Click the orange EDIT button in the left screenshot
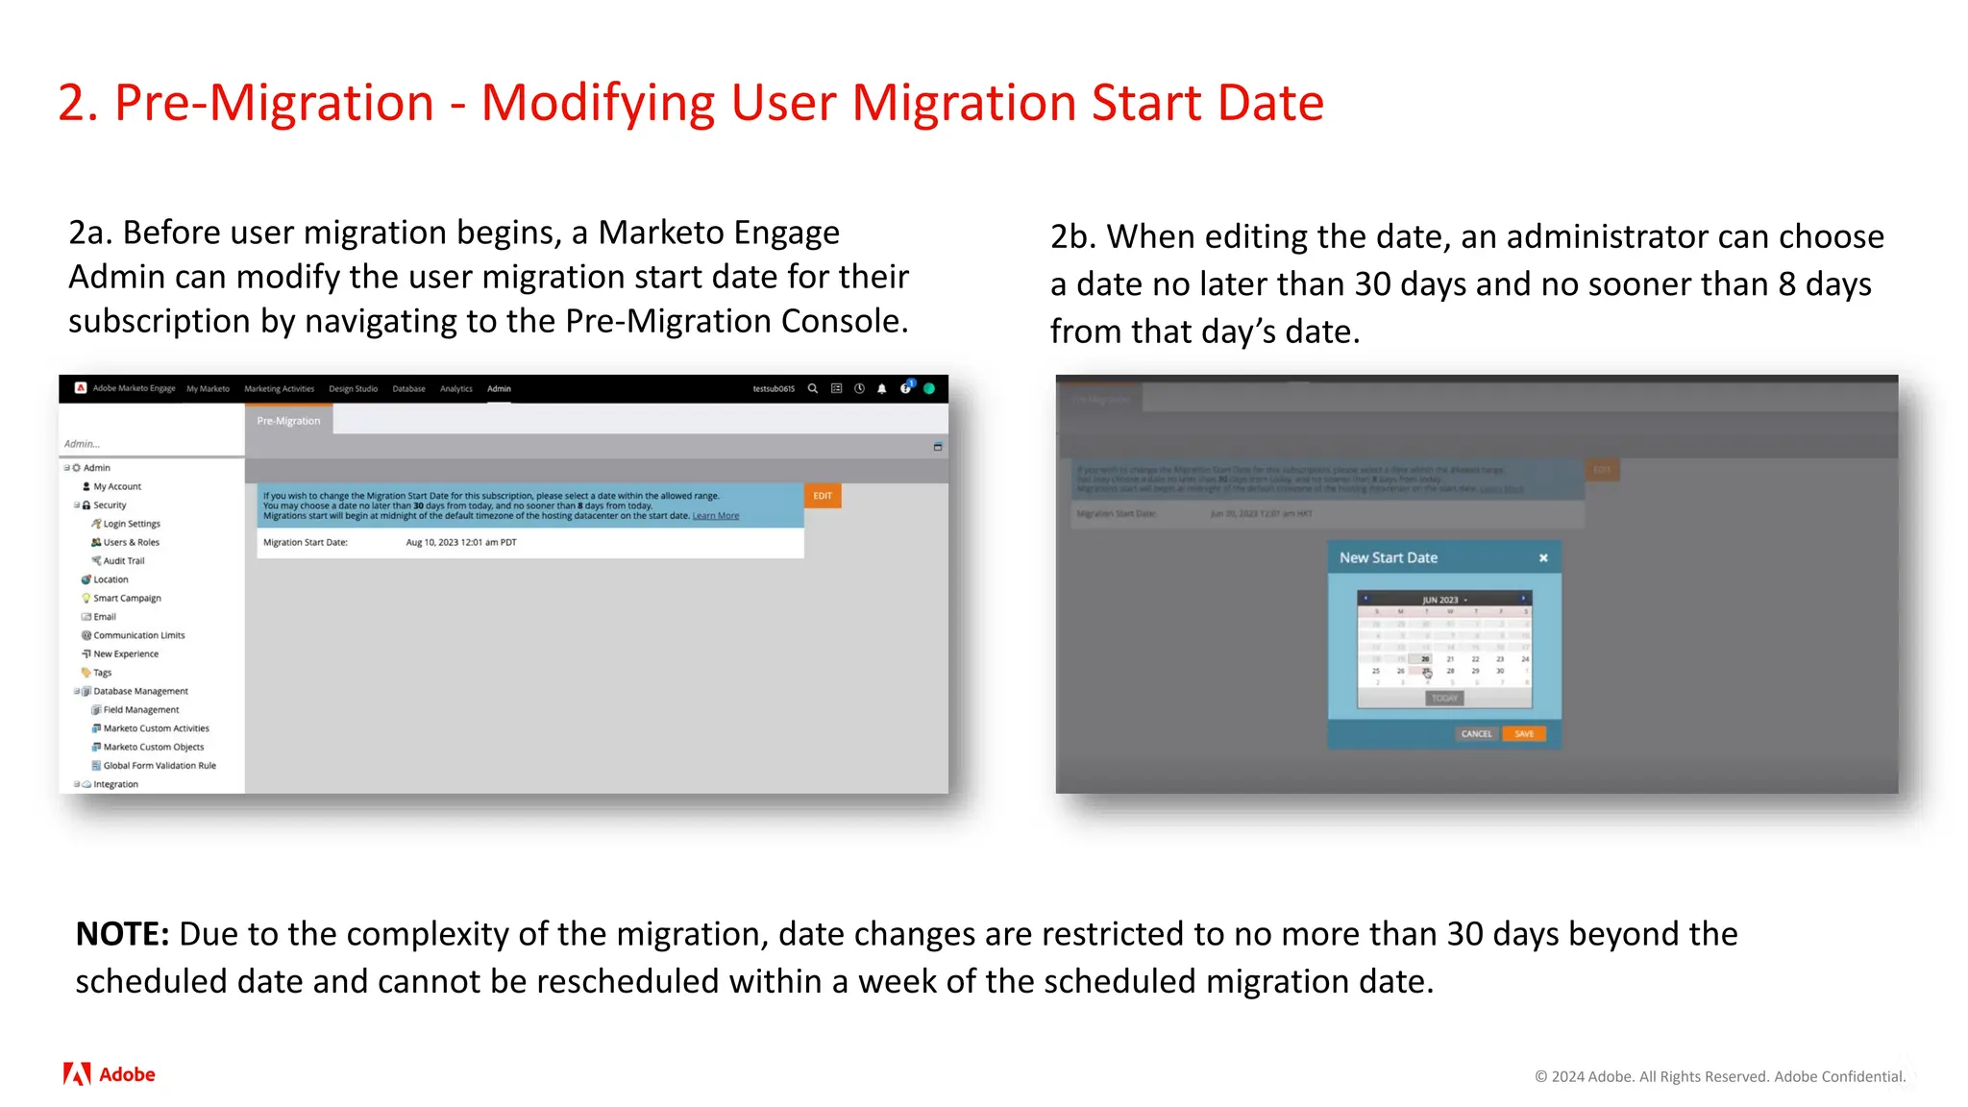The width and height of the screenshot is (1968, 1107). (823, 496)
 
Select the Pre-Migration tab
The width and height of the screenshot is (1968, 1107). (288, 421)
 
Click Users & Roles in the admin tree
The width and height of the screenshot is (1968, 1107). (131, 542)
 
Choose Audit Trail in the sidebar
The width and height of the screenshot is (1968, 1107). (123, 561)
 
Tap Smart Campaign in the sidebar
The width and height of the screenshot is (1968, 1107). (127, 598)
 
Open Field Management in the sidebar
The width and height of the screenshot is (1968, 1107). (140, 710)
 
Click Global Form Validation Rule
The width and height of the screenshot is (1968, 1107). (160, 766)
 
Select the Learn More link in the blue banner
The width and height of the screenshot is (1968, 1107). (716, 516)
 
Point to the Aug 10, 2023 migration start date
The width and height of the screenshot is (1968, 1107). (461, 543)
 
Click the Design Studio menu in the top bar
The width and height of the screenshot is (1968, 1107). (353, 389)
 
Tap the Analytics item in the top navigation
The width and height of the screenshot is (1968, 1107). (456, 389)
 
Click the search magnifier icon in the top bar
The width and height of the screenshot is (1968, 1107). (813, 389)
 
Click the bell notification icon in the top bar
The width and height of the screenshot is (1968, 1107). (882, 389)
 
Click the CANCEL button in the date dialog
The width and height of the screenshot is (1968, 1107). (1476, 734)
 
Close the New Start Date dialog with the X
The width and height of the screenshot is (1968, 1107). (1543, 558)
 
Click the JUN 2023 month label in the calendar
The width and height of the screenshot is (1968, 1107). (1440, 600)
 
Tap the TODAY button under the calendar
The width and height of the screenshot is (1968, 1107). (1444, 699)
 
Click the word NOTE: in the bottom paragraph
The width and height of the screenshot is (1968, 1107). (122, 934)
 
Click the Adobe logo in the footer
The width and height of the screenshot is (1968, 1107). (110, 1074)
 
